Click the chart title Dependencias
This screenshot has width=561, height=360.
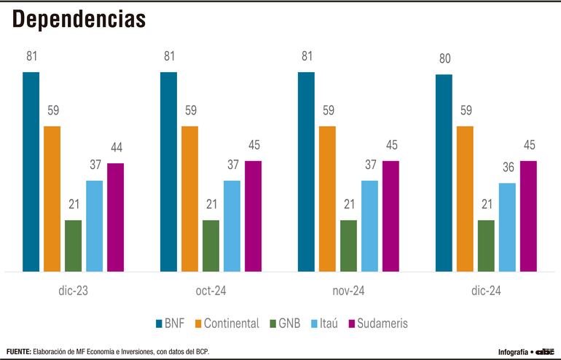coord(79,20)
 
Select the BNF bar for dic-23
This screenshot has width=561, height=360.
coord(31,172)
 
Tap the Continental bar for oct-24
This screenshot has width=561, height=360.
coord(189,199)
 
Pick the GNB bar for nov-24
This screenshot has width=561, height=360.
coord(348,246)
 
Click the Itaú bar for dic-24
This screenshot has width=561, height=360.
coord(507,227)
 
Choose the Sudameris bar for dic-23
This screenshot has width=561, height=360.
coord(115,217)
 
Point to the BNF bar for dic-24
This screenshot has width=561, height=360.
coord(444,173)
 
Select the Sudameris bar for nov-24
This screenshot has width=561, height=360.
coord(391,216)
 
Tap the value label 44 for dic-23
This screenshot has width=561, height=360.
coord(115,148)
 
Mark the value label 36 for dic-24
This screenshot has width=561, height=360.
coord(507,168)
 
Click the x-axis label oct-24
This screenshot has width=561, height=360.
coord(210,290)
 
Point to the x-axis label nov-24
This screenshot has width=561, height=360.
coord(348,290)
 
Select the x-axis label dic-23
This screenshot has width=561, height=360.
coord(72,290)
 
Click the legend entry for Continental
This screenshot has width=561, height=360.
coord(226,323)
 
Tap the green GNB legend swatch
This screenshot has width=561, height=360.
coord(273,323)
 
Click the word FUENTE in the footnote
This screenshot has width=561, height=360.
coord(18,351)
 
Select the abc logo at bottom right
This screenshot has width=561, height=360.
coord(545,351)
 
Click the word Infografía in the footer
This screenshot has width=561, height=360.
coord(512,351)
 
